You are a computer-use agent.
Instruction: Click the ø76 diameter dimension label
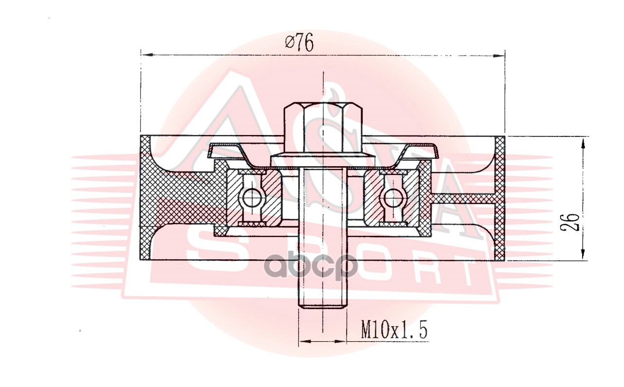pos(300,42)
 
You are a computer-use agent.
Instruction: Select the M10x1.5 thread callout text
pos(394,330)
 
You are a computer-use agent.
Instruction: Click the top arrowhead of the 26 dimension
pos(583,145)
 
